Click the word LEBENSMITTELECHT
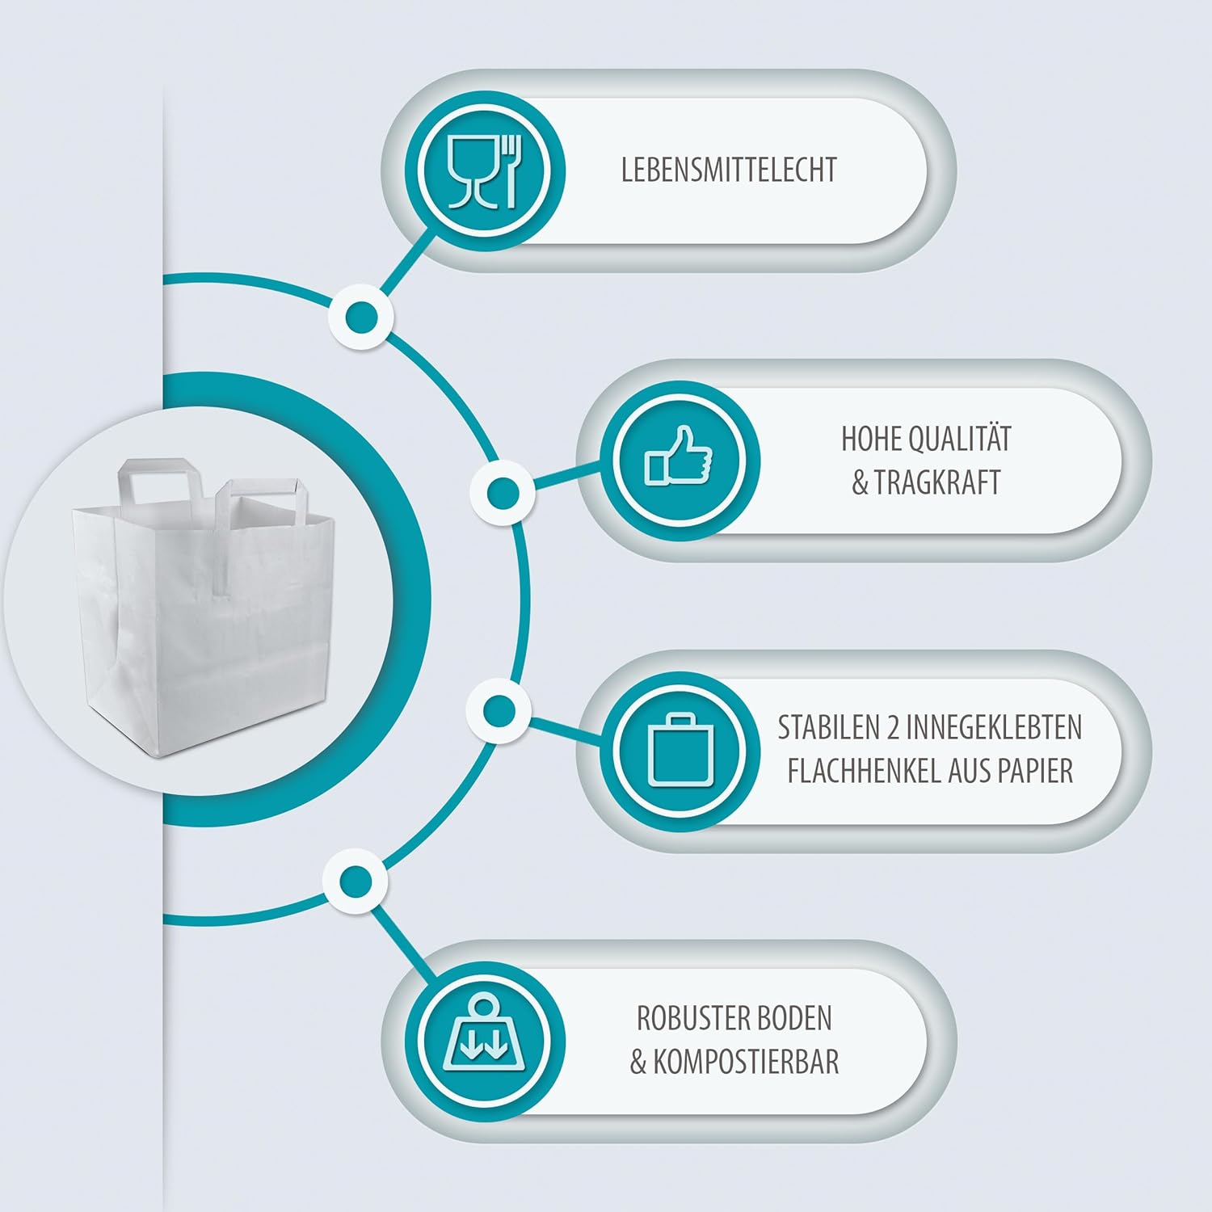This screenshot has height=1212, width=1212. pos(728,170)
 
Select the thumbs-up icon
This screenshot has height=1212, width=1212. pos(679,458)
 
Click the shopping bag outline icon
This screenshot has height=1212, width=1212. pos(680,750)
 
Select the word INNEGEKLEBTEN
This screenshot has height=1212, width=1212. pos(993,728)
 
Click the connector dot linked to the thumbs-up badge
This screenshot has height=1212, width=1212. pos(503,491)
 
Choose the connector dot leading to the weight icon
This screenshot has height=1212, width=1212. pos(355,881)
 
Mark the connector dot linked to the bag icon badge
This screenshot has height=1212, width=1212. pos(499,710)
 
